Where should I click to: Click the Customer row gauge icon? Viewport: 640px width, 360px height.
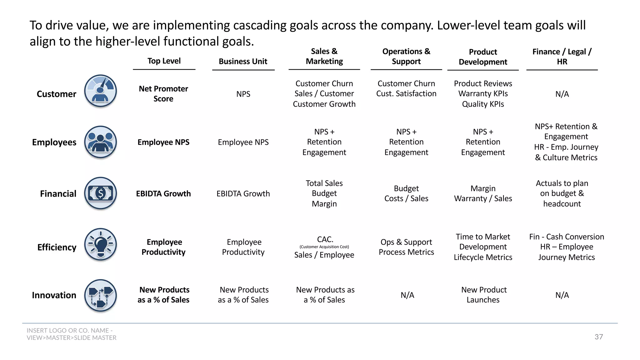pyautogui.click(x=101, y=91)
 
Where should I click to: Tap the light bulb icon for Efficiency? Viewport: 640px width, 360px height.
pyautogui.click(x=101, y=244)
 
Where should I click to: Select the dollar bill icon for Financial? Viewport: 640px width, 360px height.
pyautogui.click(x=101, y=193)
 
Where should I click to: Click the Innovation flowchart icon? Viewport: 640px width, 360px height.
pyautogui.click(x=101, y=295)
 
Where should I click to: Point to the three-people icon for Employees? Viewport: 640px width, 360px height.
pyautogui.click(x=101, y=142)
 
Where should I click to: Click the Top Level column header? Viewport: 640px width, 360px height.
pyautogui.click(x=164, y=61)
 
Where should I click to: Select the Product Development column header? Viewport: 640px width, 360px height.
pyautogui.click(x=483, y=57)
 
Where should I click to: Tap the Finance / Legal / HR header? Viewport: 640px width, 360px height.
pyautogui.click(x=562, y=57)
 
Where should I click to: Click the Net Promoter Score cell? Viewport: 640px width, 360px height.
pyautogui.click(x=163, y=94)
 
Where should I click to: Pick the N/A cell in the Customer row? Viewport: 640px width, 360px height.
pyautogui.click(x=562, y=94)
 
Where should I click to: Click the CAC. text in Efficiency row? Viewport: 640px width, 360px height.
pyautogui.click(x=325, y=239)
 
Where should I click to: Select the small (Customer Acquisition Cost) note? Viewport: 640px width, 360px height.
pyautogui.click(x=324, y=247)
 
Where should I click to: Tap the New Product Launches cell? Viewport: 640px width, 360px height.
pyautogui.click(x=483, y=295)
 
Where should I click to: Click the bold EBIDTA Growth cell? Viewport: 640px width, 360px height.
pyautogui.click(x=163, y=194)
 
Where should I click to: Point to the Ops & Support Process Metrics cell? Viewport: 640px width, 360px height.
pyautogui.click(x=406, y=247)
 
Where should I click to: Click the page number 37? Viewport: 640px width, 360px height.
pyautogui.click(x=598, y=337)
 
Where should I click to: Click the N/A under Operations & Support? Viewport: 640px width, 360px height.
pyautogui.click(x=407, y=295)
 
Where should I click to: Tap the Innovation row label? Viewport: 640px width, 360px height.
pyautogui.click(x=54, y=295)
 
